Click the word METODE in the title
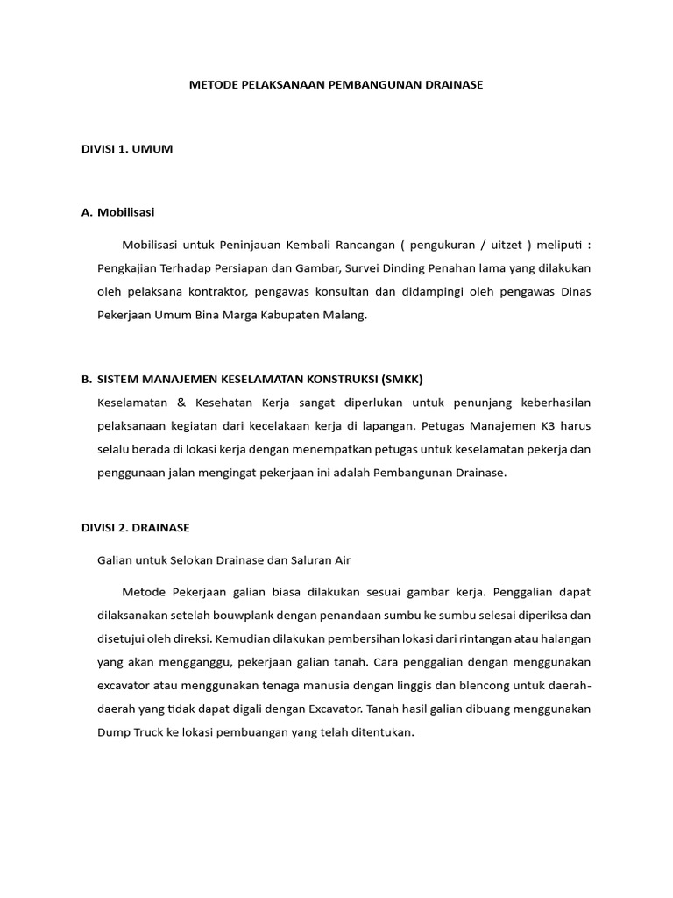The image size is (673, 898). coord(210,85)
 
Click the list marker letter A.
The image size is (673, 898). coord(86,212)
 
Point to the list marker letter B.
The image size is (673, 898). coord(86,379)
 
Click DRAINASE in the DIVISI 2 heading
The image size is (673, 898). coord(161,528)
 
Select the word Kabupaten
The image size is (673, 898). coord(286,315)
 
